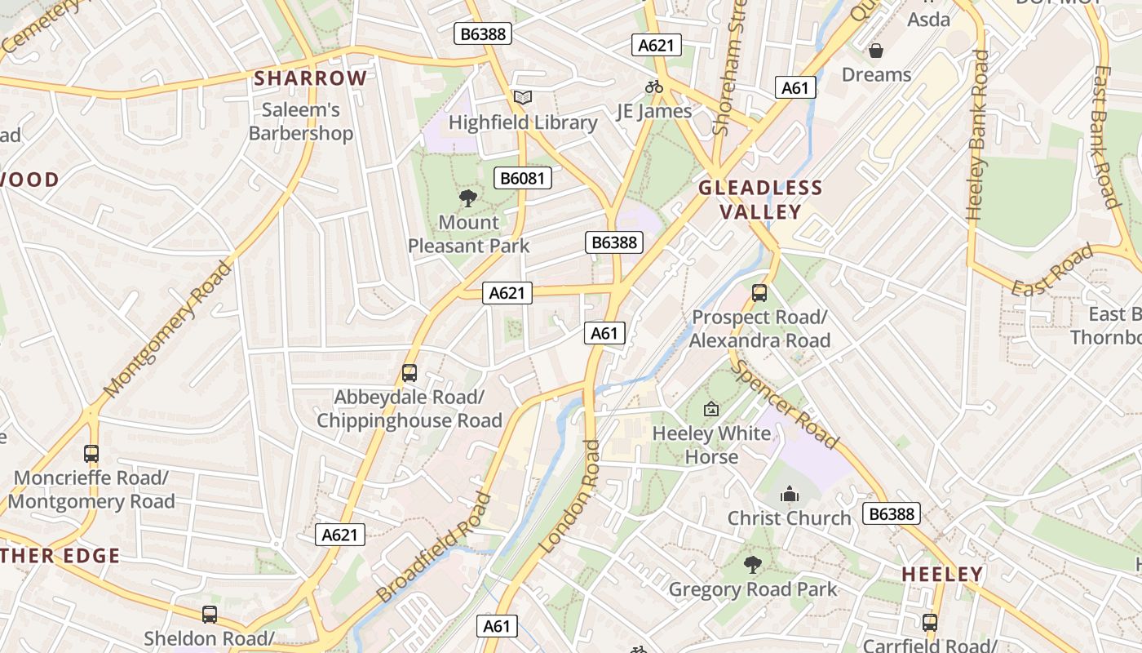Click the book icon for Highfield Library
[x=522, y=98]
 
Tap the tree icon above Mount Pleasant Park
[x=468, y=198]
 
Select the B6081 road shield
[x=522, y=178]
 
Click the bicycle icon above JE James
[x=653, y=87]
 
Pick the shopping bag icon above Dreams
[x=876, y=51]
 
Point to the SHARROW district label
[x=311, y=78]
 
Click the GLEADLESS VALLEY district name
[x=760, y=200]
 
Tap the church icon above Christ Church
[x=789, y=494]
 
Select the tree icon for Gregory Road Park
[x=752, y=564]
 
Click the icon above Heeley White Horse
[x=711, y=409]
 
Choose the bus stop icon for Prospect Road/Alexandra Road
[x=759, y=292]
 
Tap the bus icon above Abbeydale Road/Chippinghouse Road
[x=409, y=373]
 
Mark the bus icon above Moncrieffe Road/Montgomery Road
[x=91, y=454]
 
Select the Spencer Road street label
[x=785, y=405]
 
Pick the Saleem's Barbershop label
[x=301, y=121]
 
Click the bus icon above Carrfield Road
[x=929, y=623]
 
